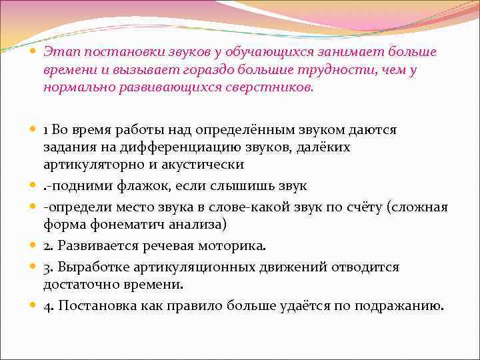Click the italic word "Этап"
pyautogui.click(x=59, y=51)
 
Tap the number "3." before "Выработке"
pyautogui.click(x=50, y=267)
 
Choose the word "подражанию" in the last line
pyautogui.click(x=406, y=305)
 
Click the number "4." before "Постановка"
pyautogui.click(x=50, y=305)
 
